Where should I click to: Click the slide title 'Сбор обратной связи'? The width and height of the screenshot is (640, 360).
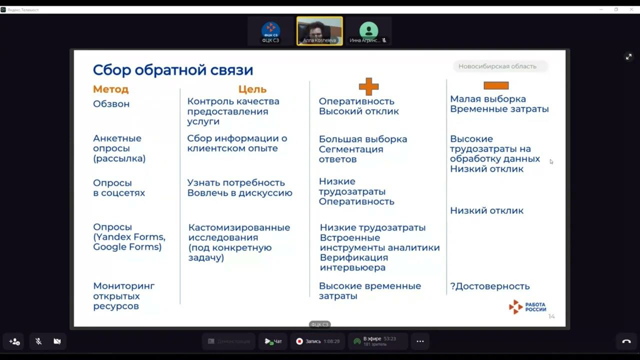point(173,70)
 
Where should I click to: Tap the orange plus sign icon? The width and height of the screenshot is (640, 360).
point(368,86)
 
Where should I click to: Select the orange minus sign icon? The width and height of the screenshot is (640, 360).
point(496,85)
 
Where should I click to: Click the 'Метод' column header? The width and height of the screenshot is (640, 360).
point(110,89)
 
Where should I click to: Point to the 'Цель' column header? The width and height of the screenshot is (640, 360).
point(252,89)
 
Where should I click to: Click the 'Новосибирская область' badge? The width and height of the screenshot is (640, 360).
point(497,66)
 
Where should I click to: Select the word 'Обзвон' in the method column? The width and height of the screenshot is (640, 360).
point(111,104)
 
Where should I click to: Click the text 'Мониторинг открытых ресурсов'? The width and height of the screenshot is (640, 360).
point(123,296)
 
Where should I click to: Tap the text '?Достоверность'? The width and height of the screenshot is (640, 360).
point(489,286)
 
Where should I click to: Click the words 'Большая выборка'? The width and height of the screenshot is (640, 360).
point(363,139)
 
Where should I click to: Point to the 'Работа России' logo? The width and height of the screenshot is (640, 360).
point(527,306)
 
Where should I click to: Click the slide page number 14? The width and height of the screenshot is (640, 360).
point(551,316)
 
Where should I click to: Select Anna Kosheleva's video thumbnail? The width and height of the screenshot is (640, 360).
point(319,31)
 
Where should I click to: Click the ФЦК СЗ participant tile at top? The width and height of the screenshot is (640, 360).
point(270,31)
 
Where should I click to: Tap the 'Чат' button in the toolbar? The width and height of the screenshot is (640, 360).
point(273,341)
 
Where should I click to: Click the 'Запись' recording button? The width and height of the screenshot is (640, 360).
point(317,341)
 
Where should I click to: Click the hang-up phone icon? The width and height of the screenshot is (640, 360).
point(626,341)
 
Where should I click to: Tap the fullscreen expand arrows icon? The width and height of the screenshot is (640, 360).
point(628,57)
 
